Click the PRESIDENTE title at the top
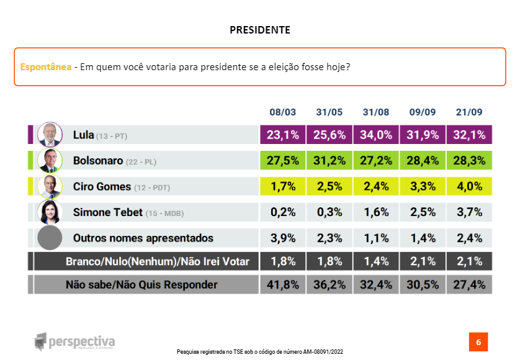[259, 30]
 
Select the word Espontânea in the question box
[45, 66]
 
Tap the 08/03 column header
[282, 112]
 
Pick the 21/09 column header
[468, 112]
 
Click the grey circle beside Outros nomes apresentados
[49, 238]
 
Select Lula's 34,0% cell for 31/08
[376, 135]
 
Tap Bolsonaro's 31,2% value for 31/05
[329, 161]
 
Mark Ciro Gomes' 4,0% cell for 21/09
[469, 186]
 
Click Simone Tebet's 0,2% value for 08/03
[283, 212]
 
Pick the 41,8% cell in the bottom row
[283, 285]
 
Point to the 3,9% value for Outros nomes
[283, 238]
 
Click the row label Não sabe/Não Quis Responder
[142, 285]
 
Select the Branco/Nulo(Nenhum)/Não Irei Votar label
[158, 261]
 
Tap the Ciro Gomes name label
[102, 186]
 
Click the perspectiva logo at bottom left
[75, 341]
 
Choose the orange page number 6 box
[478, 342]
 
